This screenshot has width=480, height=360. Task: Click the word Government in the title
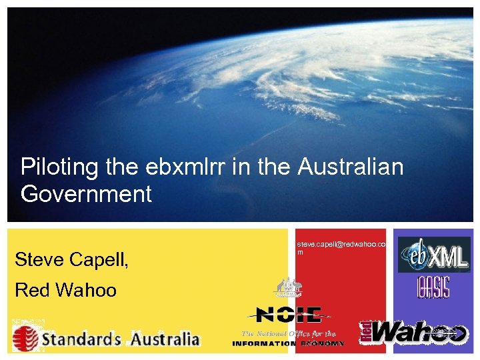pos(86,195)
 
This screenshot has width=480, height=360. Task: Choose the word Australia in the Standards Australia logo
pos(164,339)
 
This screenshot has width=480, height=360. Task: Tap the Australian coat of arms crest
pos(289,288)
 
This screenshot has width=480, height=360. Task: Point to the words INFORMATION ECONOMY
pos(288,344)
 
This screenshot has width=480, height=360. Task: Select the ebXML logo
pos(433,255)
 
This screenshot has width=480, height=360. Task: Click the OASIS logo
pos(433,287)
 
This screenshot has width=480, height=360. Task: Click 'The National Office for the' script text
pos(288,333)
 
